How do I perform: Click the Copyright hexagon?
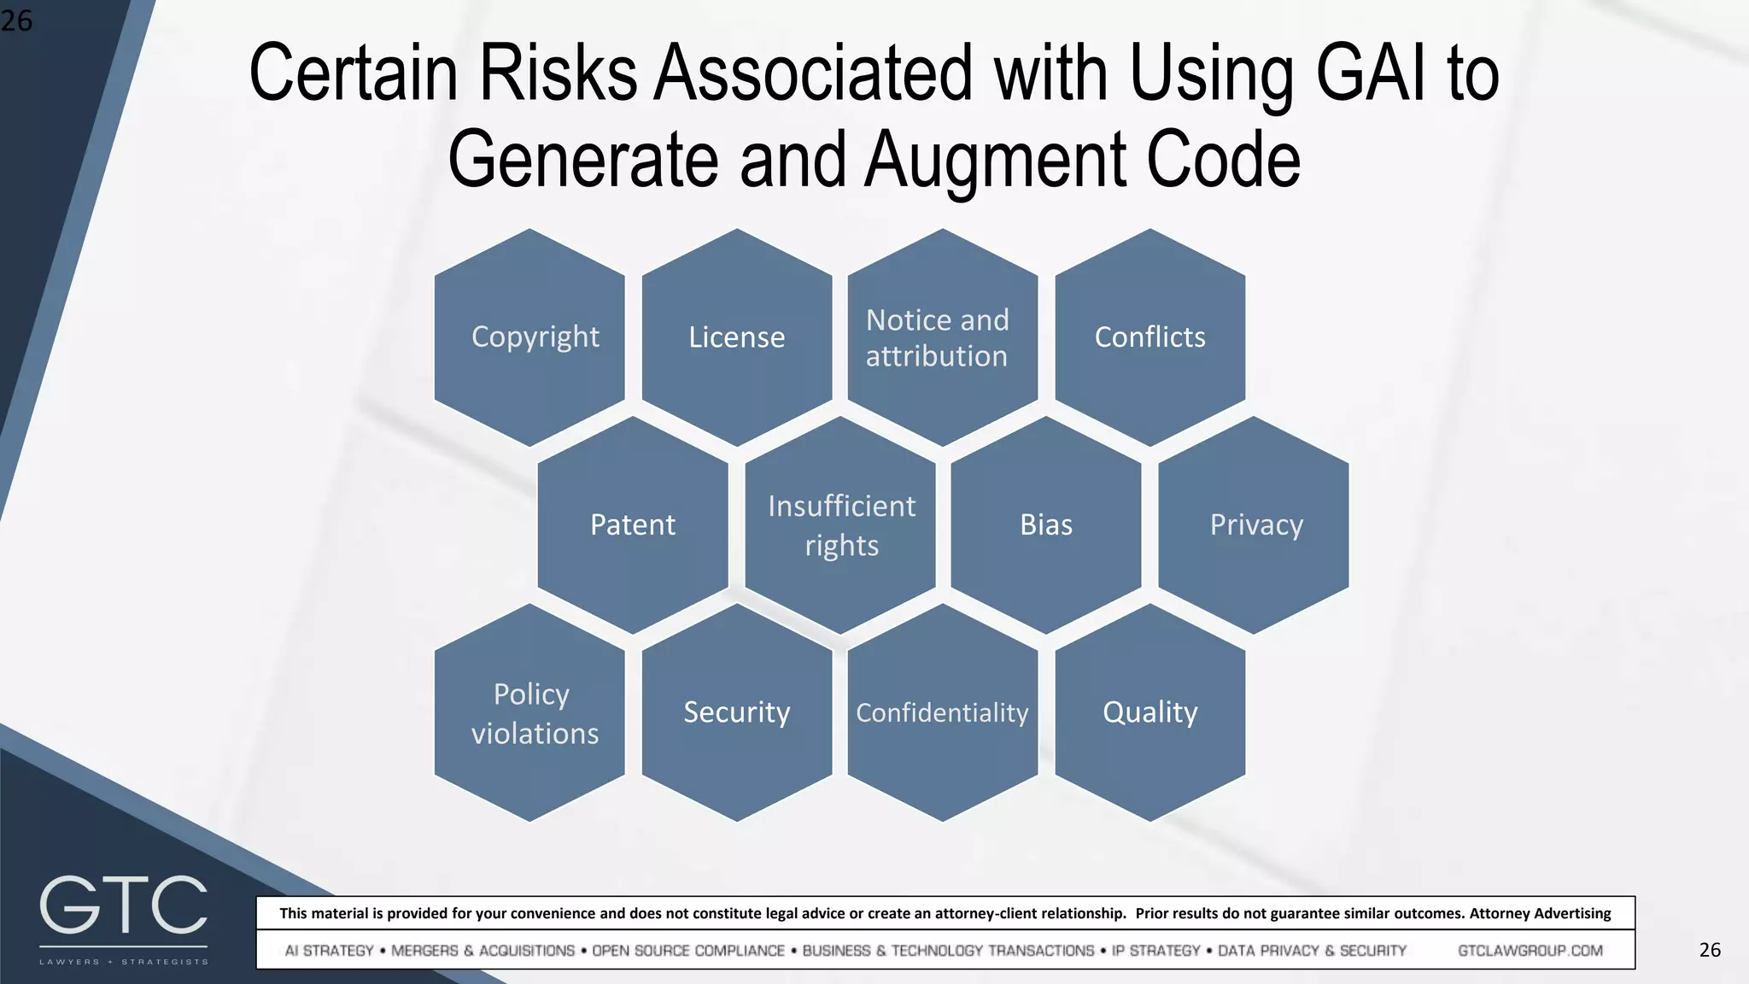pyautogui.click(x=529, y=337)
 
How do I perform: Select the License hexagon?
pyautogui.click(x=737, y=337)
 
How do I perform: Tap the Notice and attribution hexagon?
pyautogui.click(x=943, y=337)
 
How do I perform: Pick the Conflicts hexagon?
pyautogui.click(x=1150, y=337)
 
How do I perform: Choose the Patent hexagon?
pyautogui.click(x=633, y=524)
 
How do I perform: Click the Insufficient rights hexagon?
pyautogui.click(x=840, y=524)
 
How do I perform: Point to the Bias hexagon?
pyautogui.click(x=1046, y=524)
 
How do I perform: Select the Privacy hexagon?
pyautogui.click(x=1254, y=524)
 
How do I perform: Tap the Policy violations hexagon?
pyautogui.click(x=529, y=712)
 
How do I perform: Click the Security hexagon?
pyautogui.click(x=737, y=712)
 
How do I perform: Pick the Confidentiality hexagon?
pyautogui.click(x=943, y=712)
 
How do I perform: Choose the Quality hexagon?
pyautogui.click(x=1150, y=712)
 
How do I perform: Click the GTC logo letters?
pyautogui.click(x=124, y=905)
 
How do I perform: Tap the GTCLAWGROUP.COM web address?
pyautogui.click(x=1530, y=951)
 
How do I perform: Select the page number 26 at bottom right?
pyautogui.click(x=1710, y=950)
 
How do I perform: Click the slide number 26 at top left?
pyautogui.click(x=16, y=20)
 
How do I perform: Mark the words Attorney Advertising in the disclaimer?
pyautogui.click(x=1540, y=913)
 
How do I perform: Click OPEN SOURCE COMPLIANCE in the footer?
pyautogui.click(x=688, y=951)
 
